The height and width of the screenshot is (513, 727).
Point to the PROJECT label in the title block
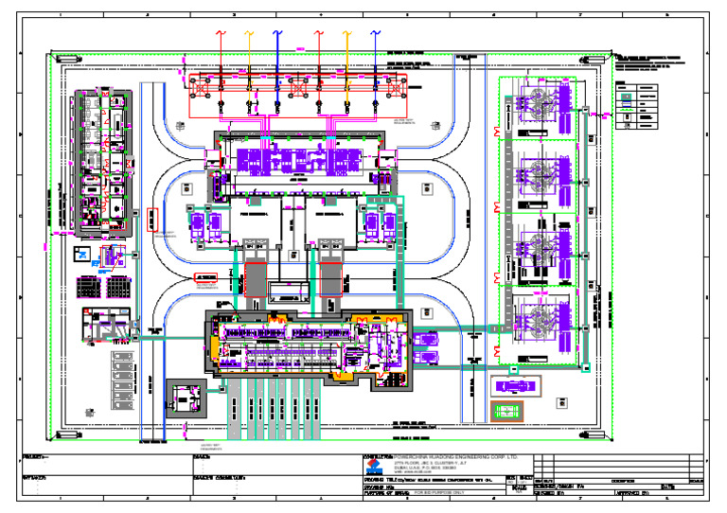pyautogui.click(x=35, y=456)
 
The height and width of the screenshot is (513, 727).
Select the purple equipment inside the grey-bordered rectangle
pyautogui.click(x=511, y=387)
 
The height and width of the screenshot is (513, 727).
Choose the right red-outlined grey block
pyautogui.click(x=330, y=280)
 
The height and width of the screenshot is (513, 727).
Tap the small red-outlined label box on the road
pyautogui.click(x=206, y=277)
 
